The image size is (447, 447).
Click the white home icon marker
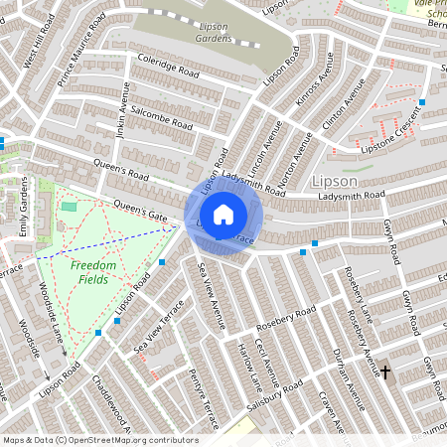(223, 214)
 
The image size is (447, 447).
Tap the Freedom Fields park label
(93, 273)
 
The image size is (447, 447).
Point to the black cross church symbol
(385, 372)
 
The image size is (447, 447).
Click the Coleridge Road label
(170, 69)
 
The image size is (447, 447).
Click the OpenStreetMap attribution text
(99, 440)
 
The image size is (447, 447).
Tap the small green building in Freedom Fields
(69, 206)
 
